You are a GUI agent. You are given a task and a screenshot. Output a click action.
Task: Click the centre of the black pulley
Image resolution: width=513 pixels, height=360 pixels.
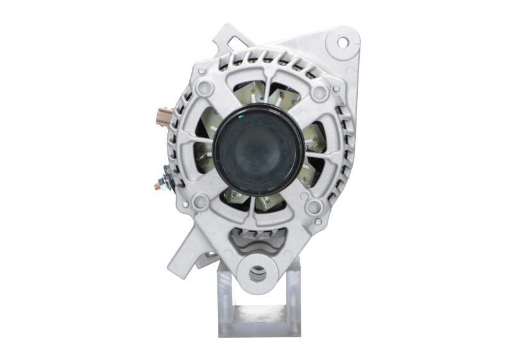[x=258, y=150]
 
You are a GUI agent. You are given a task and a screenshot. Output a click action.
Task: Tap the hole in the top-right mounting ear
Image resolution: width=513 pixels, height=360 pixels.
[x=342, y=42]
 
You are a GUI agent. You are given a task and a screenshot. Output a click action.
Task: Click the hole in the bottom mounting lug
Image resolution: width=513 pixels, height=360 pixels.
[x=258, y=275]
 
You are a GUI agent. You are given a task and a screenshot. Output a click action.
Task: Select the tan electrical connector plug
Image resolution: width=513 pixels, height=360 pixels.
[x=165, y=117]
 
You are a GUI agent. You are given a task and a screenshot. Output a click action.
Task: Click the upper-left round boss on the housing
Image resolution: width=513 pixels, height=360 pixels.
[x=205, y=88]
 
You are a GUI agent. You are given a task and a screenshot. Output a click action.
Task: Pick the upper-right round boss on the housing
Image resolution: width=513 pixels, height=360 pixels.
[x=319, y=92]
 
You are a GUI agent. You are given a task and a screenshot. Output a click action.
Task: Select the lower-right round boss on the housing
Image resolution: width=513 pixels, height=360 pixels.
[x=314, y=207]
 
